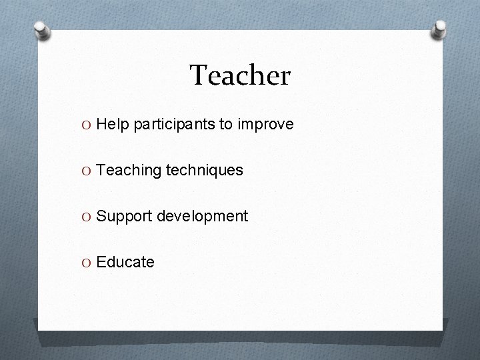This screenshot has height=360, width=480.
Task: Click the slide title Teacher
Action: [240, 76]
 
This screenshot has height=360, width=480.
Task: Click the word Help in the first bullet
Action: [113, 125]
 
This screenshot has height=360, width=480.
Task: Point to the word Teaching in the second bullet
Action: [129, 171]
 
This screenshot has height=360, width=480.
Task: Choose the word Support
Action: [123, 217]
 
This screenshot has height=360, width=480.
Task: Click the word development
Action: [202, 217]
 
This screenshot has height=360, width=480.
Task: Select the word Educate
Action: [125, 262]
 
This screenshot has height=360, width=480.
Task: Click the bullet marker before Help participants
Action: [88, 125]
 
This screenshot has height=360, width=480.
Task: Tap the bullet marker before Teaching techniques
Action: [88, 171]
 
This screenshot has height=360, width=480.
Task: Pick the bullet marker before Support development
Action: [88, 217]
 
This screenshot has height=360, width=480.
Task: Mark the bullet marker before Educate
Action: [88, 262]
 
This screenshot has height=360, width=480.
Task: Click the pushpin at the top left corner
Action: [43, 30]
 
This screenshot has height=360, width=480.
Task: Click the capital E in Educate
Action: [101, 262]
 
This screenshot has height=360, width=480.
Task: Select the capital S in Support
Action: [101, 217]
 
